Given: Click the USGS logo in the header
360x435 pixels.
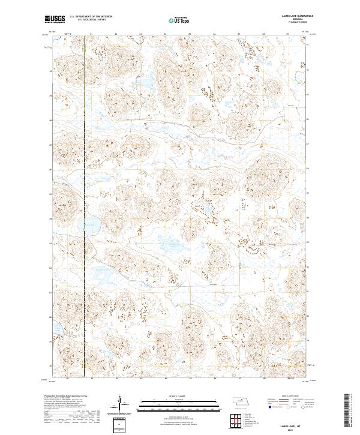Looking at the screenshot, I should pos(55,19).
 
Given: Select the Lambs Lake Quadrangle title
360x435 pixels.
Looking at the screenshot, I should pos(291,17).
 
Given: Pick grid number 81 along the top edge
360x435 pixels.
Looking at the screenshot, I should pos(91,34).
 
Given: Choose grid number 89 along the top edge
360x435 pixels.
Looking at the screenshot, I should pos(287,34).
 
